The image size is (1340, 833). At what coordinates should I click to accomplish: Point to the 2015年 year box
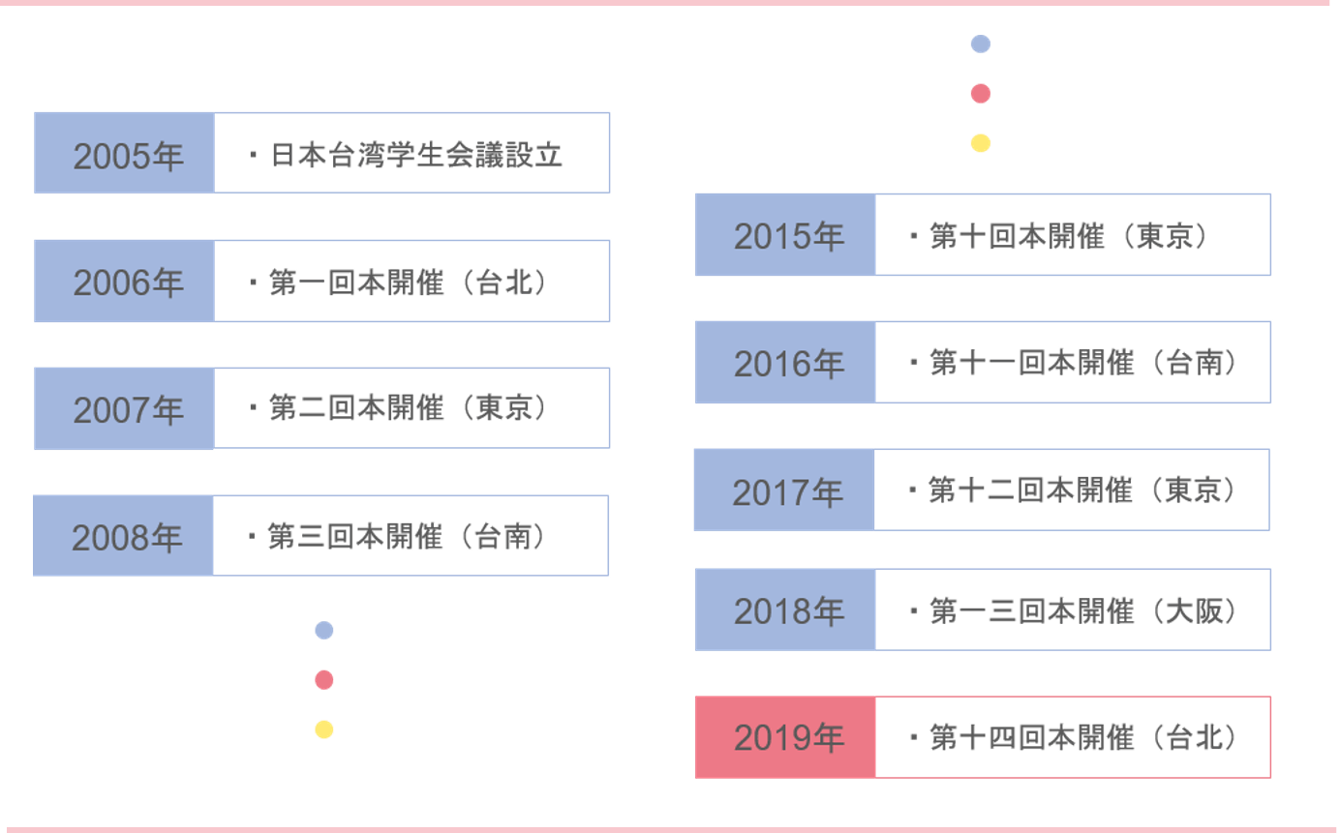coord(785,235)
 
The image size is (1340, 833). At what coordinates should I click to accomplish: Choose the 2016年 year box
coord(785,363)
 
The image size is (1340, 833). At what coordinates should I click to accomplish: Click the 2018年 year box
coord(785,610)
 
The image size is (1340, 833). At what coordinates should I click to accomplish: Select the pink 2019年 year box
coord(785,737)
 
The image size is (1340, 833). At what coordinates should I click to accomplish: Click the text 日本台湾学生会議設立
coord(416,155)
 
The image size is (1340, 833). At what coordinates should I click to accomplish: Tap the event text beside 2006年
coord(408,282)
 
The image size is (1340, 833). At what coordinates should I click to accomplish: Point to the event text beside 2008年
coord(406,536)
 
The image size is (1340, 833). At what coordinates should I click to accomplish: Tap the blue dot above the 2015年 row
coord(980,44)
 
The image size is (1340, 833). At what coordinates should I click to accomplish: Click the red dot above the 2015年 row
coord(980,94)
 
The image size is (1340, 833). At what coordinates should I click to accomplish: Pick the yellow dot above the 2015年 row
coord(980,143)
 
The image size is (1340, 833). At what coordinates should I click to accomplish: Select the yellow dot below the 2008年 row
coord(324,729)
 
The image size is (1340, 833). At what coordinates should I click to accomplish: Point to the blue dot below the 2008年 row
coord(324,631)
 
